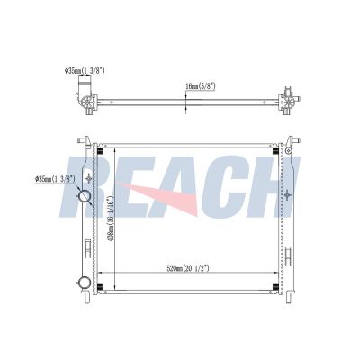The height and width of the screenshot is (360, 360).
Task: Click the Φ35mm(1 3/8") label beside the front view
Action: point(57,180)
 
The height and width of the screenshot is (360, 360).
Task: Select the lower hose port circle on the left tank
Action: point(83,281)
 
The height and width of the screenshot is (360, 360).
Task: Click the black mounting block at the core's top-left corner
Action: point(102,148)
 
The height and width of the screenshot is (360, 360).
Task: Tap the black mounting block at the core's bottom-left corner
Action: point(102,288)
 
